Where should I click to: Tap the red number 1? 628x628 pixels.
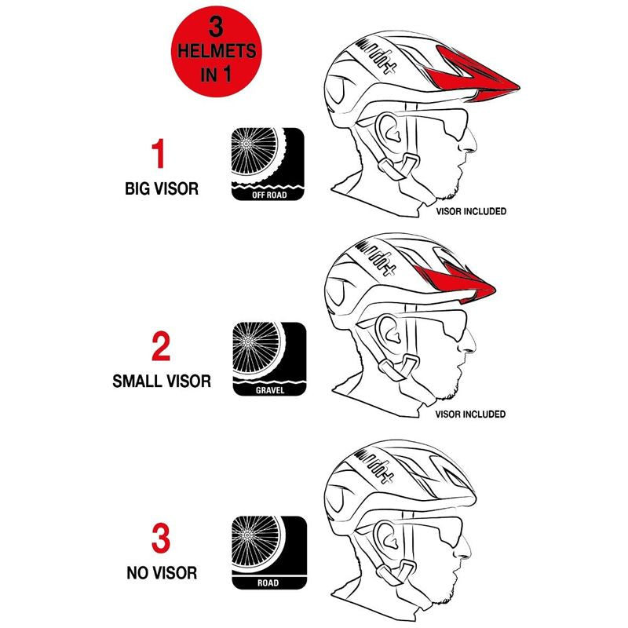pos(159,154)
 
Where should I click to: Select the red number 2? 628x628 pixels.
pos(160,346)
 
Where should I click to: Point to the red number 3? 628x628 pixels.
pos(160,539)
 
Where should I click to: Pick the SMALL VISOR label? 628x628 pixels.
pos(161,382)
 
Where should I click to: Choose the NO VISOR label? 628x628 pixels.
pos(161,573)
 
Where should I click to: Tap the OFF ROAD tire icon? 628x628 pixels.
pos(268,165)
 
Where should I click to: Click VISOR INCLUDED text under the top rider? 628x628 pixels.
pos(471,211)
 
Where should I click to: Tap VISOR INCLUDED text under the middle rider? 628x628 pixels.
pos(471,414)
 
